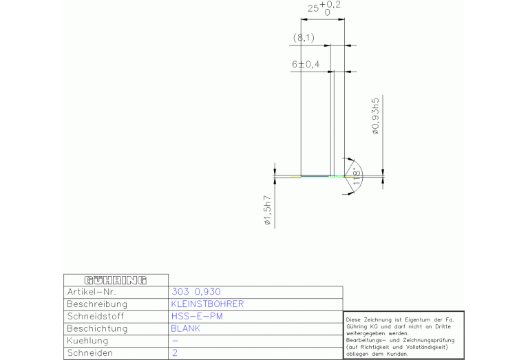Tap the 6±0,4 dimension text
(306, 64)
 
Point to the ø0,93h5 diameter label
(375, 116)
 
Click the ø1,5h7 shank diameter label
(267, 211)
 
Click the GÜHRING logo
(116, 280)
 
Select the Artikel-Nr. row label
(92, 292)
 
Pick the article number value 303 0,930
(196, 292)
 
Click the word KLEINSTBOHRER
(207, 304)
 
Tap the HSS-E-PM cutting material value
(197, 316)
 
